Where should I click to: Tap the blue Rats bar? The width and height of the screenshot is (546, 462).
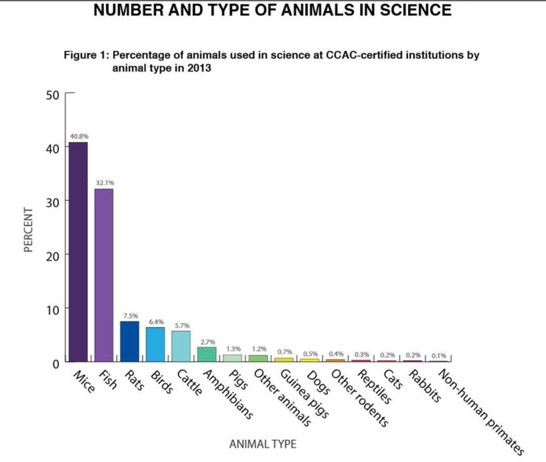[130, 341]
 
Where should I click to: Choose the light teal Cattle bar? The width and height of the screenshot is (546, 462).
[181, 346]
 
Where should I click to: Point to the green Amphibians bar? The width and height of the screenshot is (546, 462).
[207, 354]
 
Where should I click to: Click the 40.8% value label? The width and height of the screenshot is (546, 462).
[78, 135]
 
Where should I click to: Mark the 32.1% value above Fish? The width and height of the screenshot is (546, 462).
[104, 182]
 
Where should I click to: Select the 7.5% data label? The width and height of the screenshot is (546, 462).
[130, 315]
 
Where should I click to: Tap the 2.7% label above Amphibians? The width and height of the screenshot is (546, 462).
[208, 341]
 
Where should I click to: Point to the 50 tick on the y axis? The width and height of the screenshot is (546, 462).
[52, 95]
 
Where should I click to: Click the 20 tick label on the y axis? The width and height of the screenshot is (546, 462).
[52, 255]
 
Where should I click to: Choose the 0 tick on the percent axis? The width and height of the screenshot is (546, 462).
[56, 363]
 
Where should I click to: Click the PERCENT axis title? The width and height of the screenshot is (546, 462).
[28, 229]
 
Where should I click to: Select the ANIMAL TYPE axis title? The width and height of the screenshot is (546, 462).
[262, 444]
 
